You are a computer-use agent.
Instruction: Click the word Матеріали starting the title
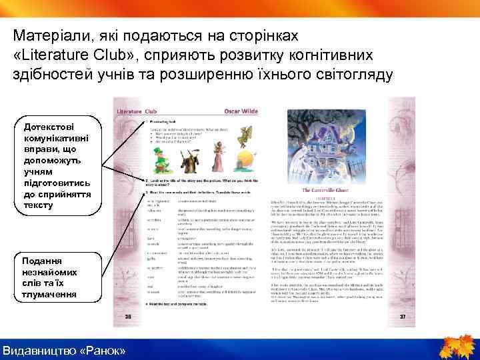click(53, 33)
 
